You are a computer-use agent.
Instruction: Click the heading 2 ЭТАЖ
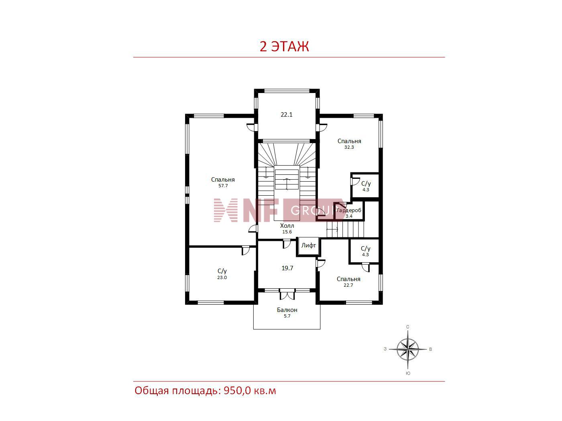(284, 47)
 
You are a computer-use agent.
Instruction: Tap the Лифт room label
(308, 245)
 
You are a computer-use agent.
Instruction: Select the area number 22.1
(287, 115)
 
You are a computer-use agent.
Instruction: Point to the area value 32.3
(349, 147)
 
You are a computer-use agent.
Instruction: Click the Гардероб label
(349, 210)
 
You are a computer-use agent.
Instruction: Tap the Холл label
(287, 226)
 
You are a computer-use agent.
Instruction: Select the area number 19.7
(287, 268)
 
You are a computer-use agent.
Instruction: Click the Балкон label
(287, 310)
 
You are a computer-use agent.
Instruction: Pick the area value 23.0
(222, 277)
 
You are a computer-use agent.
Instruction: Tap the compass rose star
(408, 349)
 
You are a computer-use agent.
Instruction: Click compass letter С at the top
(407, 327)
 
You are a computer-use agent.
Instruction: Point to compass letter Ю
(408, 373)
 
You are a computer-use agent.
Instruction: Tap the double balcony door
(287, 294)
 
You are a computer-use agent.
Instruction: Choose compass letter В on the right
(430, 349)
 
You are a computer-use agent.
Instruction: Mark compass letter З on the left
(385, 349)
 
